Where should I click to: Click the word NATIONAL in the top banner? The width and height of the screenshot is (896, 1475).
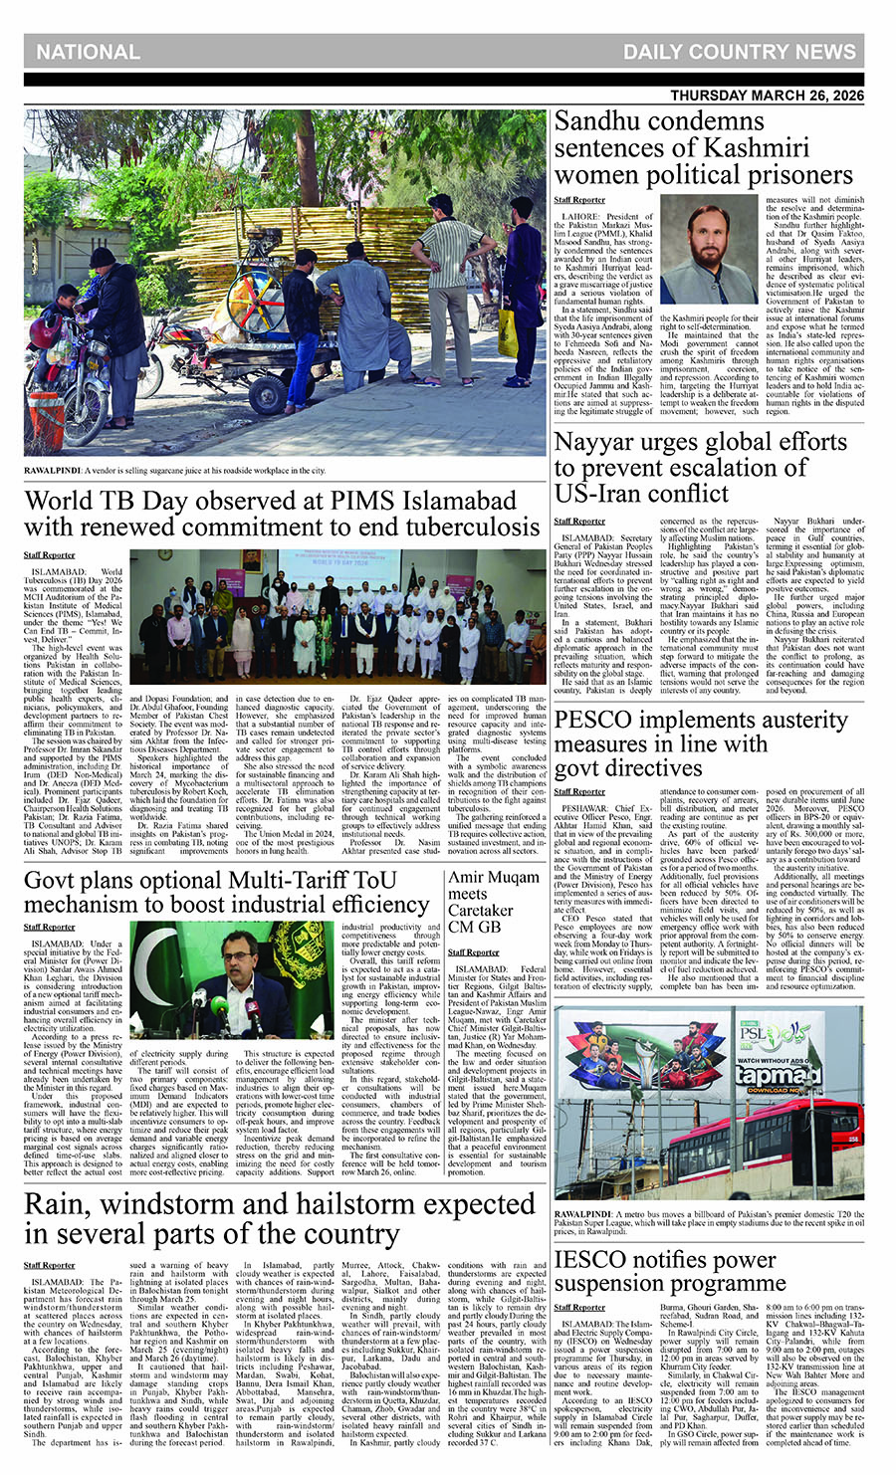pyautogui.click(x=88, y=52)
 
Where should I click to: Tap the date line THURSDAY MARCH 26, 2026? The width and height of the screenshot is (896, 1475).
pyautogui.click(x=767, y=96)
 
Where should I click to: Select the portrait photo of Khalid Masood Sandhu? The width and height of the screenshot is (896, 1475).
pyautogui.click(x=709, y=249)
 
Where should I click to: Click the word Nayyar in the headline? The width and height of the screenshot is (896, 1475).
pyautogui.click(x=598, y=441)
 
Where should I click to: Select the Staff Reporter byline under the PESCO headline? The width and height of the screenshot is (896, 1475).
pyautogui.click(x=579, y=791)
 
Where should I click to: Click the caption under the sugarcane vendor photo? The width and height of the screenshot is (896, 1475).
pyautogui.click(x=175, y=470)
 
